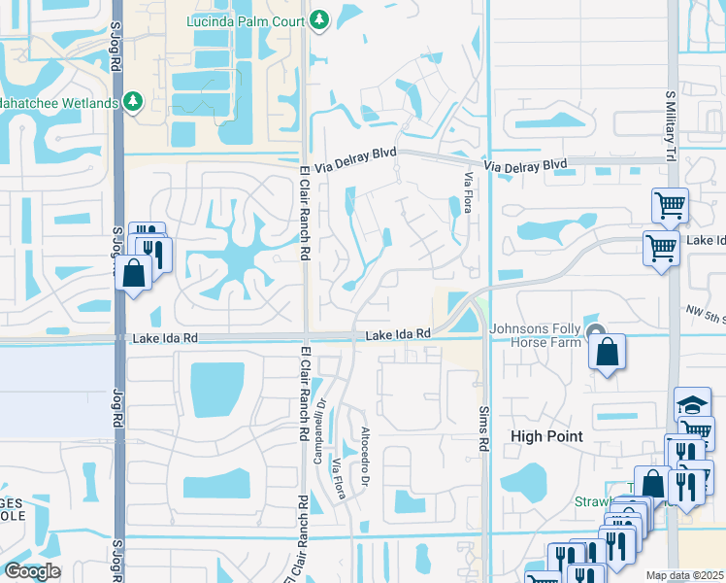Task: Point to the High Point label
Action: coord(547,436)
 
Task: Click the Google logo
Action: coord(32,570)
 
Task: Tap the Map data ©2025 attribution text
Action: coord(684,575)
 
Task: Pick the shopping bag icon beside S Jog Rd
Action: coord(134,274)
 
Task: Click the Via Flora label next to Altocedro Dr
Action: coord(340,471)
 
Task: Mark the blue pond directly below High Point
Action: coord(526,480)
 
